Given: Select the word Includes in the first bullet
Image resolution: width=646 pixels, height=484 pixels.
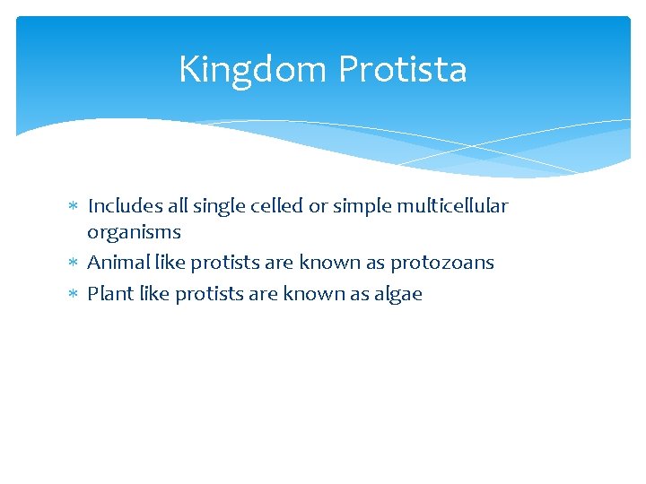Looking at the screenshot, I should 121,206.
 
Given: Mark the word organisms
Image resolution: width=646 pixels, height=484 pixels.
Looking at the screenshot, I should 134,232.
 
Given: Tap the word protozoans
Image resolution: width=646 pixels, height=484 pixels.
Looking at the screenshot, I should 441,263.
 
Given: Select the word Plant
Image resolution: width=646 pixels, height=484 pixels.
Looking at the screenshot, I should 110,294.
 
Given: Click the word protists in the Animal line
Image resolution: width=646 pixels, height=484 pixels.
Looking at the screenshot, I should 227,263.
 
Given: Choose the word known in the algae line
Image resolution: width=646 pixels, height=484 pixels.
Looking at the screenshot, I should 310,294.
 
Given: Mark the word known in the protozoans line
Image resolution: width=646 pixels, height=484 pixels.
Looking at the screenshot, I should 327,263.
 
